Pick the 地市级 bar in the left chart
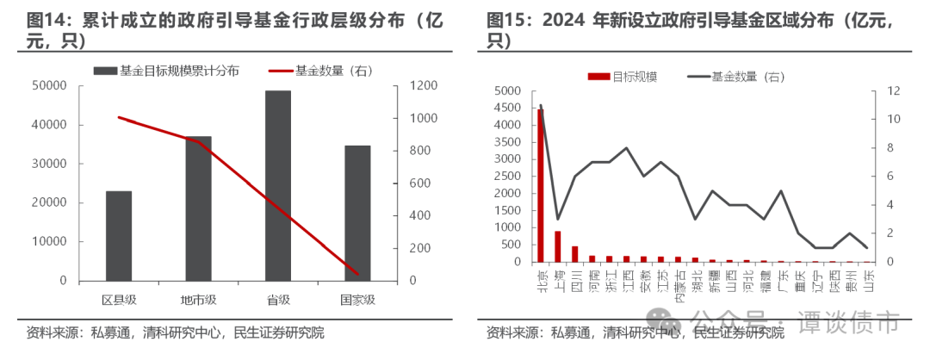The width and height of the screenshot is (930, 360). (198, 208)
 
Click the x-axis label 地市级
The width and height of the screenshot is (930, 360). (198, 300)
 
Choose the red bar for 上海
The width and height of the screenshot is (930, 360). (557, 246)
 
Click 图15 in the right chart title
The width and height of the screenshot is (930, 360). (504, 20)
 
